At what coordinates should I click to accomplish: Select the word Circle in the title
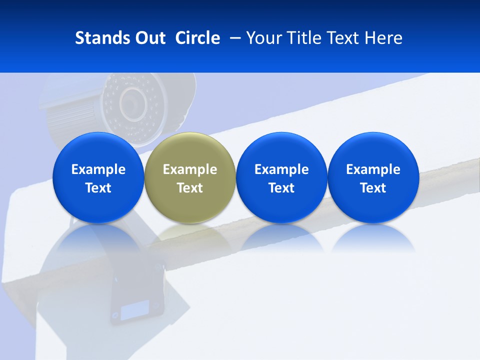(197, 38)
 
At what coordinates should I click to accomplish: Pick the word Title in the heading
(304, 38)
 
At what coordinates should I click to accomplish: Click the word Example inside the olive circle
(190, 169)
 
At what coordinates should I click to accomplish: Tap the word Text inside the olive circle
(190, 188)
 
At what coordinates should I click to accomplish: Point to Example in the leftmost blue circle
(98, 169)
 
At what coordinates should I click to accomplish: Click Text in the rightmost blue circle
(373, 188)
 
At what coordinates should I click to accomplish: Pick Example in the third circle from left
(281, 169)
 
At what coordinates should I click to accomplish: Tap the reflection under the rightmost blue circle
(373, 237)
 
